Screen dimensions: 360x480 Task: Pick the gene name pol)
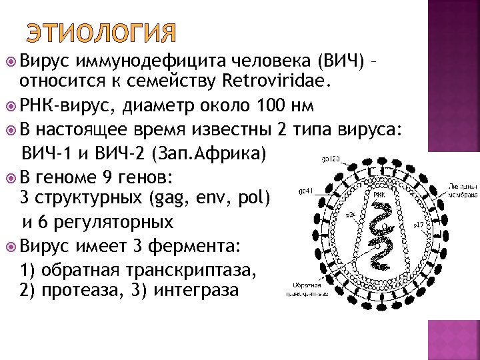click(x=252, y=198)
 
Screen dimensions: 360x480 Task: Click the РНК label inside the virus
click(x=379, y=195)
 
